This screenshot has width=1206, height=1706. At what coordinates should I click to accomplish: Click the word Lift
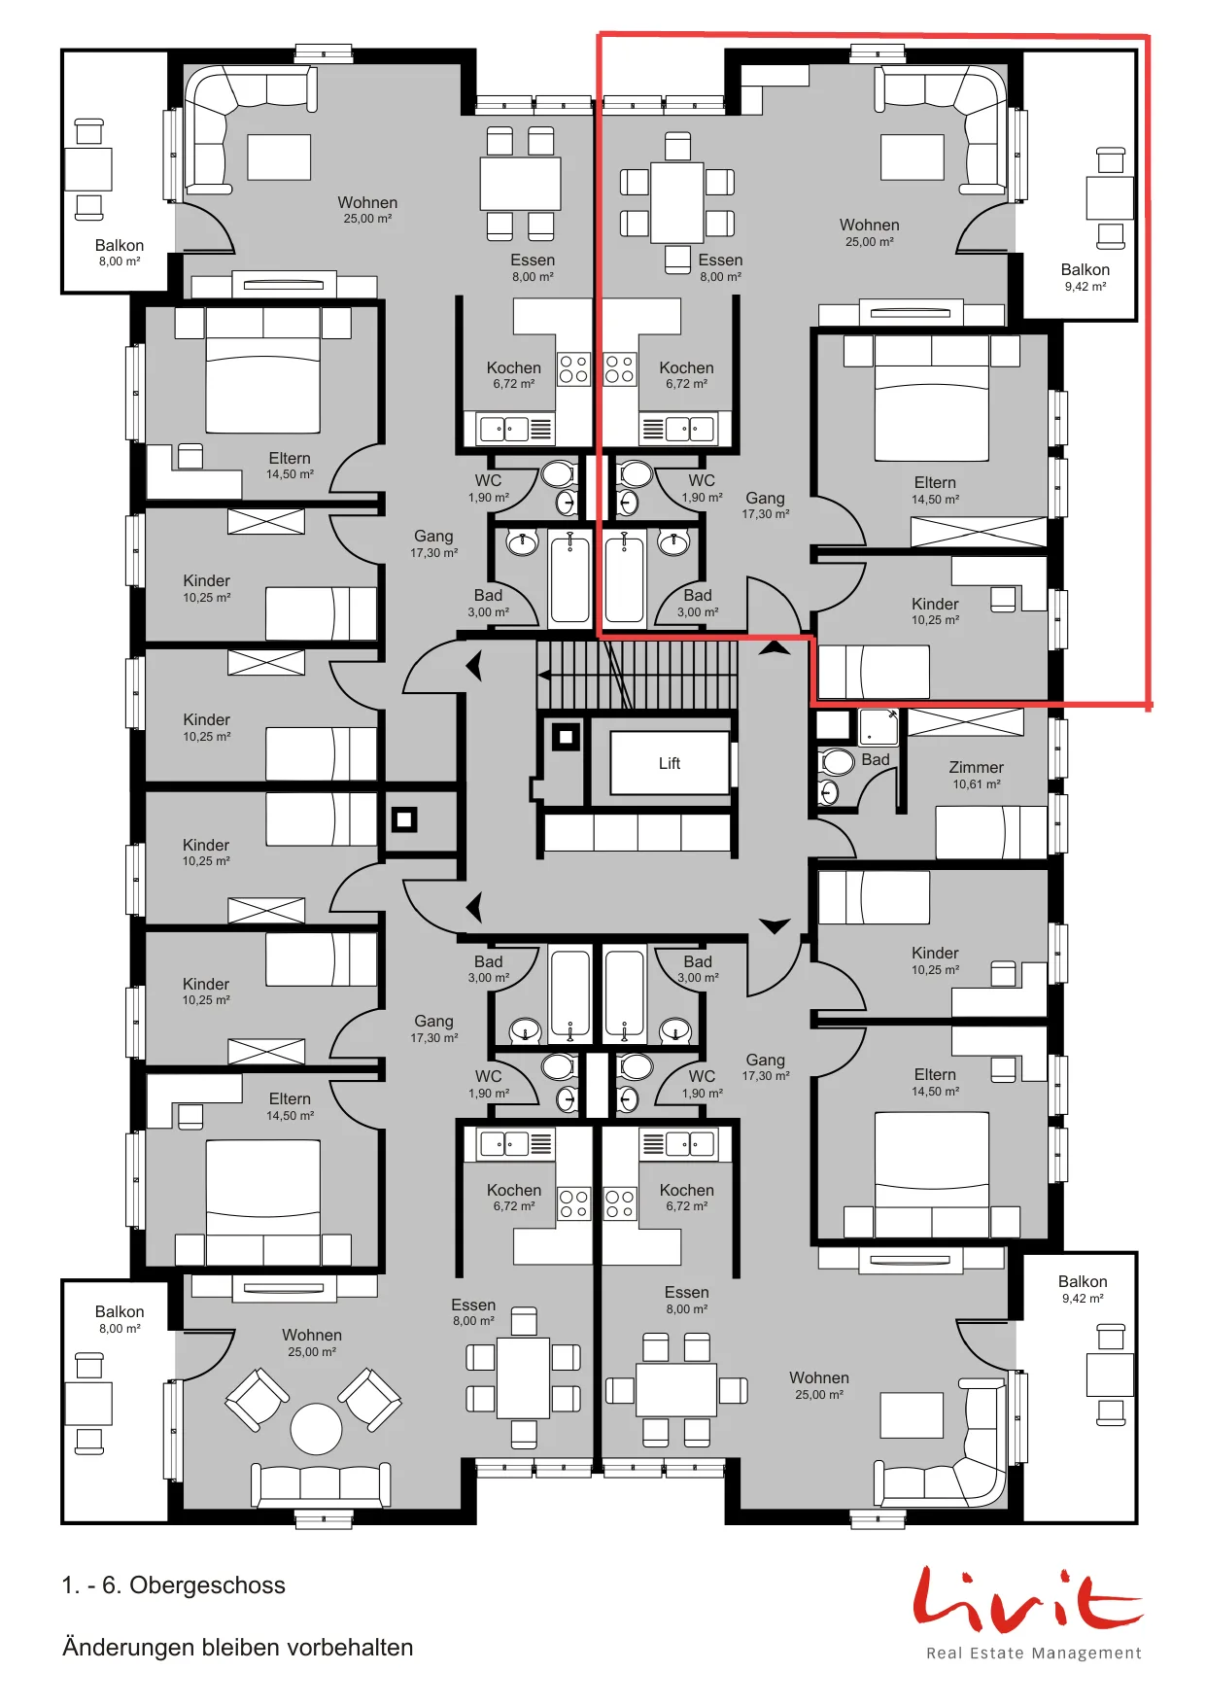pos(670,763)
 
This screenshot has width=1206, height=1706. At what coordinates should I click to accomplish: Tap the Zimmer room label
pos(976,767)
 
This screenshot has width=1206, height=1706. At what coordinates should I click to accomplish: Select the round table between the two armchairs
pos(316,1429)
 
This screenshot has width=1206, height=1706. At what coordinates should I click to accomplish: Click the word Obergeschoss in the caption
pos(207,1584)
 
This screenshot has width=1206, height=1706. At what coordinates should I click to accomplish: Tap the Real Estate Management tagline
pos(1034,1653)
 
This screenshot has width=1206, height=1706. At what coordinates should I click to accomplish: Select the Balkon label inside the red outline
pos(1085,269)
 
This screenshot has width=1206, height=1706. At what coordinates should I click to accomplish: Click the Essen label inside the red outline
pos(720,260)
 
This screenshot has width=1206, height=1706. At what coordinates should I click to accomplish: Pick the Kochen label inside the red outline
pos(686,367)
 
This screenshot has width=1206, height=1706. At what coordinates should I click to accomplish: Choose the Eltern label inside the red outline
pos(935,482)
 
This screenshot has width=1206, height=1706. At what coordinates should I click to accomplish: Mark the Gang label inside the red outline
pos(765,498)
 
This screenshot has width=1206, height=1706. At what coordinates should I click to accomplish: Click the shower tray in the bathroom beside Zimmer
pos(879,726)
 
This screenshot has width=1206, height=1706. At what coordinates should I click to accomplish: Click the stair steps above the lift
pos(637,675)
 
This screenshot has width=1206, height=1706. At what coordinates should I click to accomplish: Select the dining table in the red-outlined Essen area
pos(676,202)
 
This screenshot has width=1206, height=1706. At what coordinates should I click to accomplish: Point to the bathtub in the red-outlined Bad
pos(624,576)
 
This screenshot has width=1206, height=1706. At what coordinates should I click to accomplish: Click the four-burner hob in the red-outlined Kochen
pos(620,368)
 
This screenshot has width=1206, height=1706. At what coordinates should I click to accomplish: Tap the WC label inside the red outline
pos(702,480)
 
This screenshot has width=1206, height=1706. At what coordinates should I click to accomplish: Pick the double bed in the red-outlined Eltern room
pos(932,399)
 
